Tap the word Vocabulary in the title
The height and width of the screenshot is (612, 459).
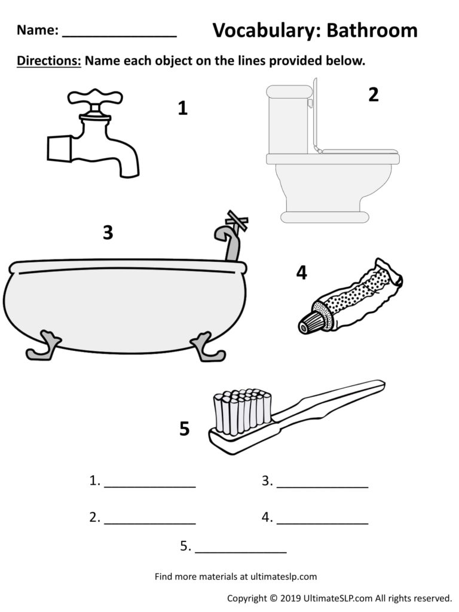(x=259, y=31)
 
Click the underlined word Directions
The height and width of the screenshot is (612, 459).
(x=48, y=61)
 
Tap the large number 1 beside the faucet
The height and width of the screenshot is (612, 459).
(x=183, y=108)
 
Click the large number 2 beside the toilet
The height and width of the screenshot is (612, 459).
(x=374, y=94)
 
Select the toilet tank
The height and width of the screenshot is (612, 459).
(x=289, y=120)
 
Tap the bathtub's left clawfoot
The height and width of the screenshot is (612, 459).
(x=43, y=347)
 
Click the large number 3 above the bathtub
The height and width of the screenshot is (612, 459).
(x=108, y=232)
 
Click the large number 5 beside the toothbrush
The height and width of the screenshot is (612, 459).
(x=185, y=429)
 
